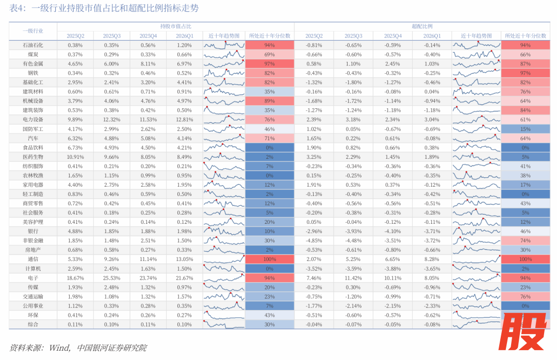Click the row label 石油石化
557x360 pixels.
(x=33, y=45)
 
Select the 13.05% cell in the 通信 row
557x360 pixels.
(x=184, y=259)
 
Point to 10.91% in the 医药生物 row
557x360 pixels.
(x=75, y=157)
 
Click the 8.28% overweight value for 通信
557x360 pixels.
(x=432, y=259)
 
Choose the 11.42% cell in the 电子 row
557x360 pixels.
(x=353, y=277)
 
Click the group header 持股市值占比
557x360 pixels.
(x=175, y=26)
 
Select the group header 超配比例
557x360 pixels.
(x=422, y=26)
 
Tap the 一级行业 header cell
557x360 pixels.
(x=33, y=31)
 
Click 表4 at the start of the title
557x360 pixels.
(x=17, y=8)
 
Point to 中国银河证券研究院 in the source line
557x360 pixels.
(x=112, y=348)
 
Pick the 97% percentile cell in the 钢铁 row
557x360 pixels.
(x=525, y=73)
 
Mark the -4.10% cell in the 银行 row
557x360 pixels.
(x=392, y=231)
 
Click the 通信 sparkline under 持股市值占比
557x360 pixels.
(x=224, y=259)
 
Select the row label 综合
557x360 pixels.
(x=33, y=324)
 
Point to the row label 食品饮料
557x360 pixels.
(x=33, y=148)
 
